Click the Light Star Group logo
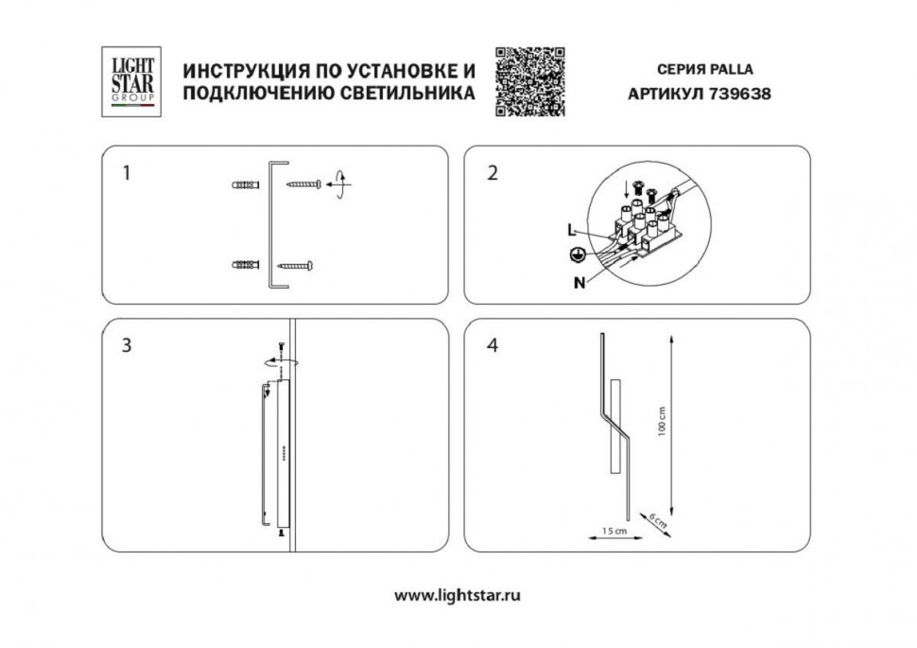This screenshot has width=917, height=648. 130,82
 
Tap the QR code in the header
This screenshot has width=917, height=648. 530,81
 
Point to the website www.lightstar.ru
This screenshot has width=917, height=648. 458,596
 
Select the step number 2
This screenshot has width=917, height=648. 492,173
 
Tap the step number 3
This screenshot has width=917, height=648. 127,345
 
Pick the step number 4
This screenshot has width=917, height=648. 492,345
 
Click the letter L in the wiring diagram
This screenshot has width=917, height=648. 570,230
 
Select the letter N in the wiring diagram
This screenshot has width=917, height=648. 578,281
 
